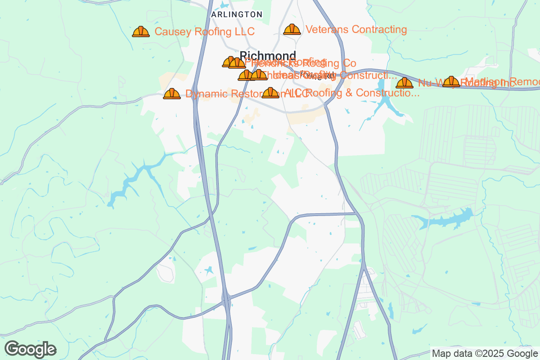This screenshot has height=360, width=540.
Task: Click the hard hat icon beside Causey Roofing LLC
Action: [x=141, y=31]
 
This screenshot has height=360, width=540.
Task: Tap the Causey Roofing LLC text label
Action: [x=205, y=31]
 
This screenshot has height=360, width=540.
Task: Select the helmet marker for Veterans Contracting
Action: [x=292, y=30]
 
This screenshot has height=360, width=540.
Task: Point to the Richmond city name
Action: [x=268, y=56]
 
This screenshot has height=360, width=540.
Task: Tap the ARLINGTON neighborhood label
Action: [x=237, y=14]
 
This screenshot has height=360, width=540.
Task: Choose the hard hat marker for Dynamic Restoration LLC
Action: [x=172, y=94]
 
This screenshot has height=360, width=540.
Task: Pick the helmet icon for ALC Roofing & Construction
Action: [x=270, y=93]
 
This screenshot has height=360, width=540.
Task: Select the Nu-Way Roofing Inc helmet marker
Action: [x=405, y=83]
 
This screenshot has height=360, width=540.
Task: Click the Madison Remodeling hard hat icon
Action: [x=451, y=82]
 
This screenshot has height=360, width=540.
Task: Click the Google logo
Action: [x=31, y=349]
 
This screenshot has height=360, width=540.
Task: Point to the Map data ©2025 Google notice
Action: [x=484, y=353]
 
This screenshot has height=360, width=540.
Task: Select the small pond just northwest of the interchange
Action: [x=208, y=271]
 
